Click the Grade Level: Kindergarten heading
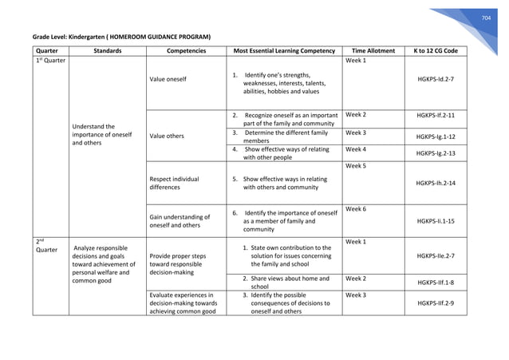click(121, 37)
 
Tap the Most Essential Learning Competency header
click(283, 50)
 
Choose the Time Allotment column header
click(373, 50)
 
